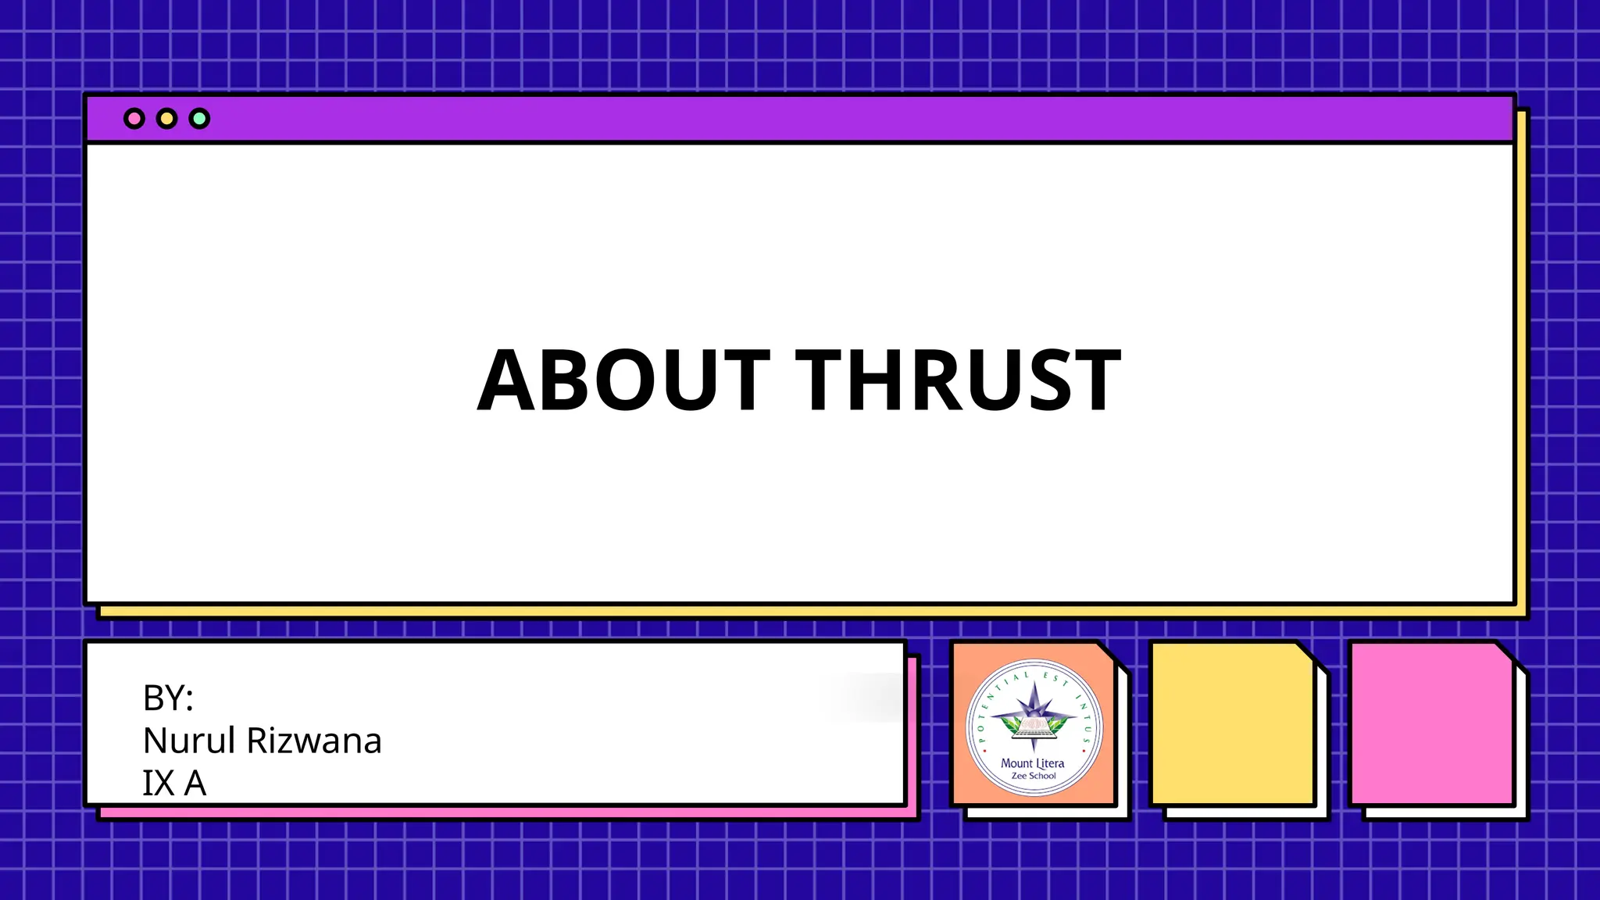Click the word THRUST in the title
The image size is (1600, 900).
[959, 380]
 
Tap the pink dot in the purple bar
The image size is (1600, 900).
[134, 119]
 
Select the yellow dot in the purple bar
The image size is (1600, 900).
[166, 119]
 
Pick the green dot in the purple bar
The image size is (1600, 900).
[199, 119]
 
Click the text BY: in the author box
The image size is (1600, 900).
[168, 698]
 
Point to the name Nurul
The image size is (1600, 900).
[189, 741]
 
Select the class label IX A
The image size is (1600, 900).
[174, 783]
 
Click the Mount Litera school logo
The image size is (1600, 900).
[1034, 728]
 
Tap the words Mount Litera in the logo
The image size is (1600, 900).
[1033, 762]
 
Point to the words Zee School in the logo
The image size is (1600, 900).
[1034, 776]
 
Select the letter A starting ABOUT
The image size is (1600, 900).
[506, 380]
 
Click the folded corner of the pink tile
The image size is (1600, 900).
[1505, 652]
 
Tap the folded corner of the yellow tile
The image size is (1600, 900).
[1306, 652]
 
